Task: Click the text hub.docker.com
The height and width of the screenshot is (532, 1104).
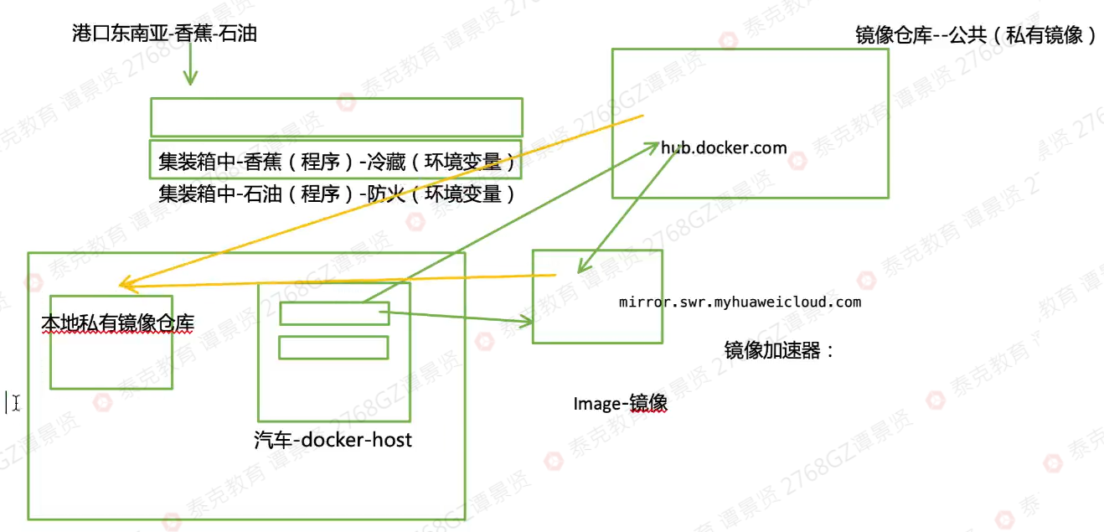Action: point(724,148)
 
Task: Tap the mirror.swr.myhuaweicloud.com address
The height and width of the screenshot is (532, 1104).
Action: point(740,302)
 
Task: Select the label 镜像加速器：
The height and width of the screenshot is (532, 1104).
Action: point(779,350)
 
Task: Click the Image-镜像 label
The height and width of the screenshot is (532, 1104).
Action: point(620,403)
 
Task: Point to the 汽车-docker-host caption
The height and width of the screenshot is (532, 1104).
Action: point(333,439)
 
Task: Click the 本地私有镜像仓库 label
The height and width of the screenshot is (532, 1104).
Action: point(117,323)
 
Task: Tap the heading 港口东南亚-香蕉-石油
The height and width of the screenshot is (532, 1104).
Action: point(164,34)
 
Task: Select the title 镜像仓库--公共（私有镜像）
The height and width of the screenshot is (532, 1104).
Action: point(975,36)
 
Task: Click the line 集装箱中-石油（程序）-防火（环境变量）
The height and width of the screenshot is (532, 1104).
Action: point(336,194)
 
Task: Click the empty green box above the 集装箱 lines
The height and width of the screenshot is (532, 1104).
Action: point(336,117)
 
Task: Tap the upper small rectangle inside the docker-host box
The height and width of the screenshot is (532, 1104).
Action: point(334,313)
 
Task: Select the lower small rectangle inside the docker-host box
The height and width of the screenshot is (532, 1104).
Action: point(333,347)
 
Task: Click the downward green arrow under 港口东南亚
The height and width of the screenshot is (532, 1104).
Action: point(190,77)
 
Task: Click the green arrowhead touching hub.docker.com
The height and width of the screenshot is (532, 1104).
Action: point(656,147)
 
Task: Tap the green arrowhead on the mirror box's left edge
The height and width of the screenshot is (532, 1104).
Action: point(528,321)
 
